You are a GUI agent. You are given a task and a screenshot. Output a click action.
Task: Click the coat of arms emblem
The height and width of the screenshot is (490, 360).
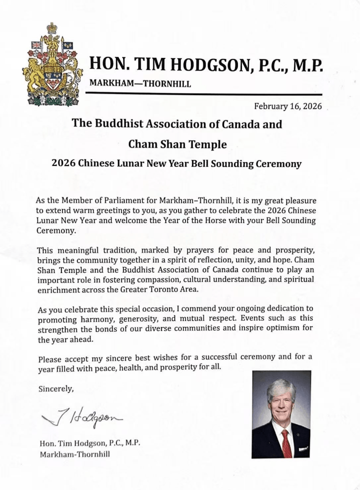tap(52, 65)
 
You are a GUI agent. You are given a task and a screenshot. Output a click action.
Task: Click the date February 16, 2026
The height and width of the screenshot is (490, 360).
tap(287, 105)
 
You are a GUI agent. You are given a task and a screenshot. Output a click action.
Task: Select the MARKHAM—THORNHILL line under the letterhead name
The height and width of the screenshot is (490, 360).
tap(140, 83)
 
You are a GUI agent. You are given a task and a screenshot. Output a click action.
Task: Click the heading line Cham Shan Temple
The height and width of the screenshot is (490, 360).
tap(177, 144)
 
